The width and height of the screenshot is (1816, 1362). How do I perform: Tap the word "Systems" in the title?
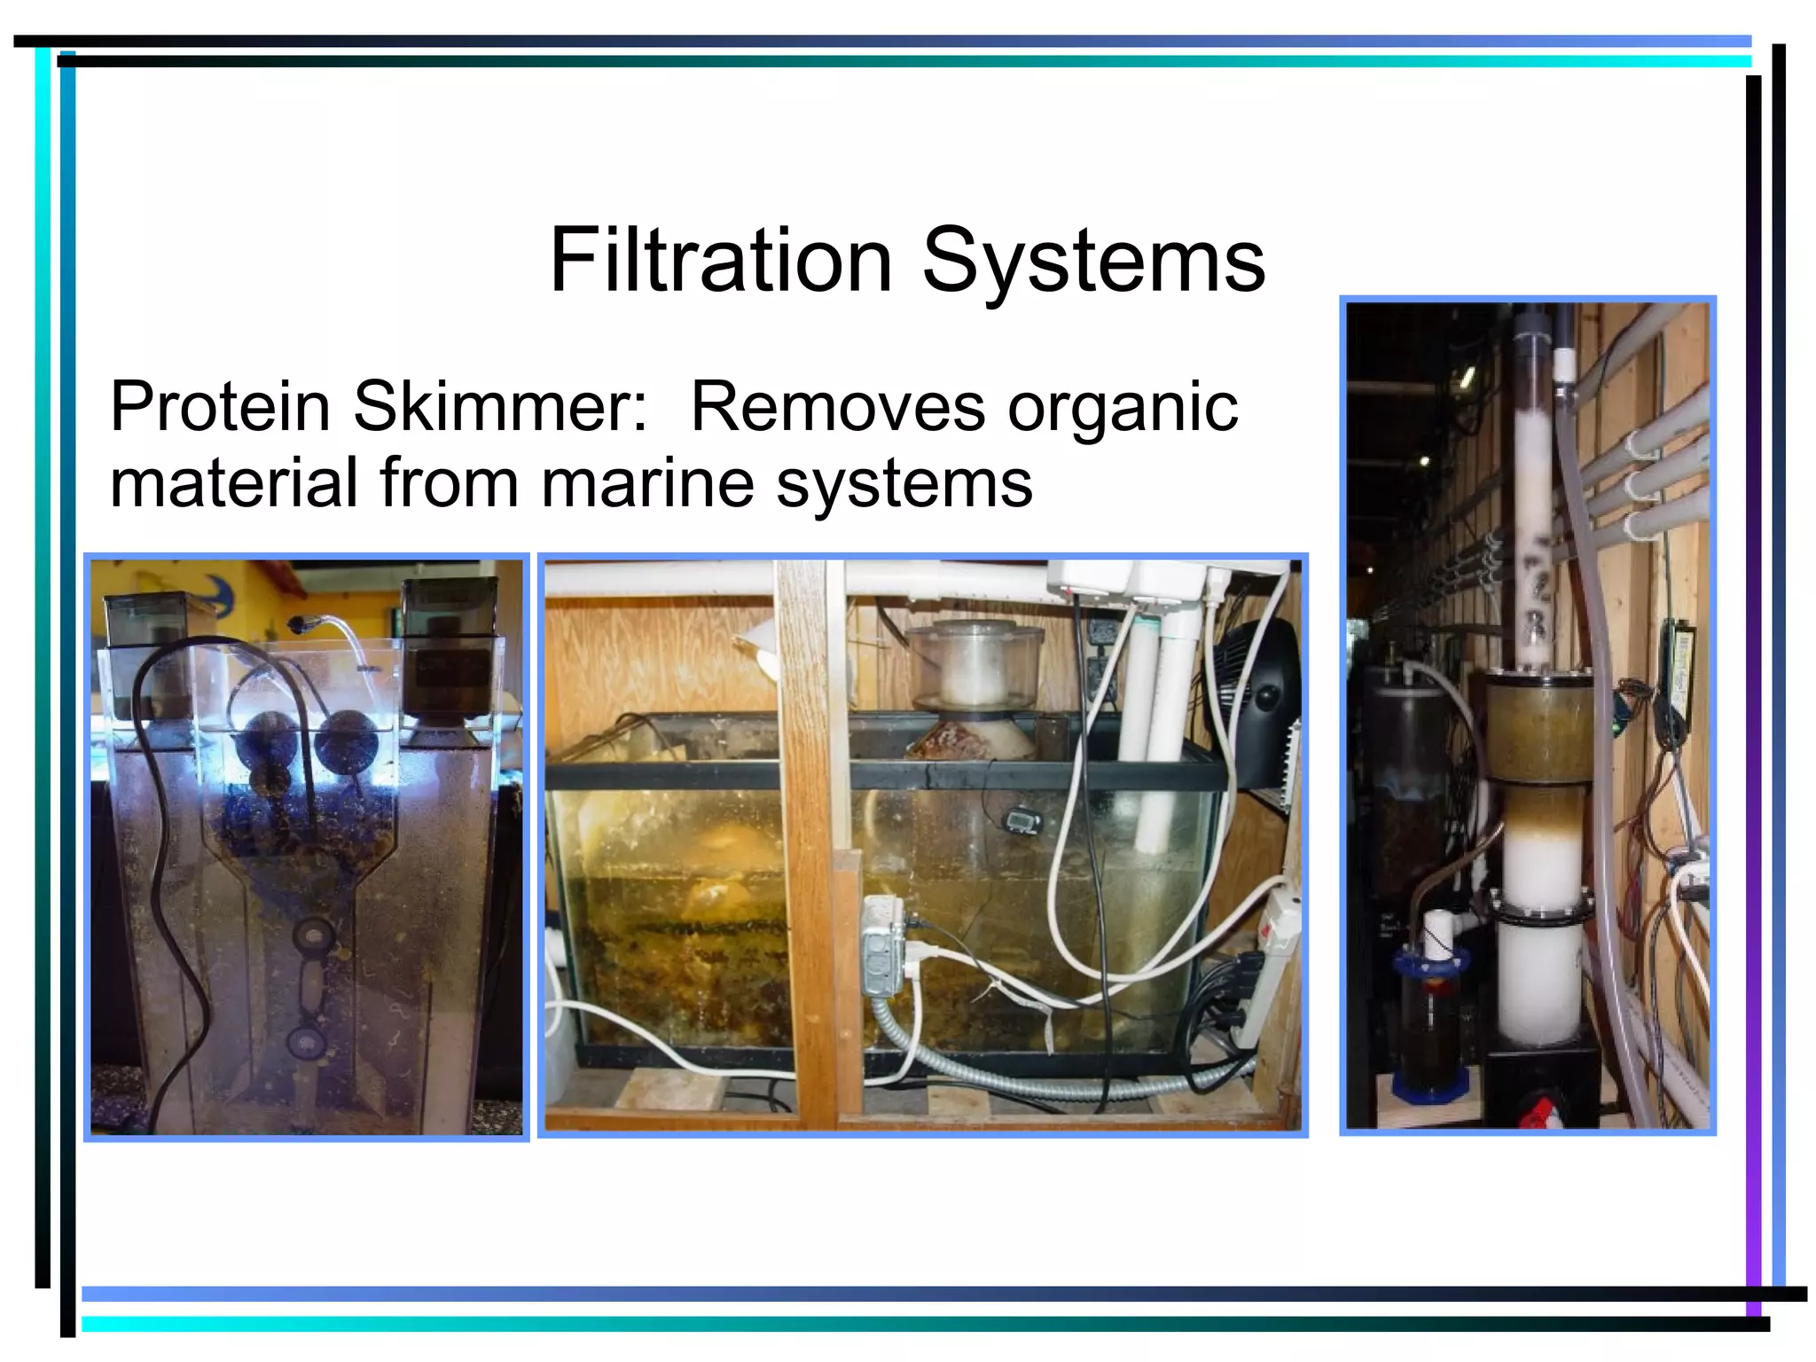[1093, 262]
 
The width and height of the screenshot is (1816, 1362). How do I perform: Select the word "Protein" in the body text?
[220, 407]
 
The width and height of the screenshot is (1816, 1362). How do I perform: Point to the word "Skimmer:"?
[501, 407]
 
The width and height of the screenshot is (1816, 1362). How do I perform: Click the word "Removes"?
[837, 407]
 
